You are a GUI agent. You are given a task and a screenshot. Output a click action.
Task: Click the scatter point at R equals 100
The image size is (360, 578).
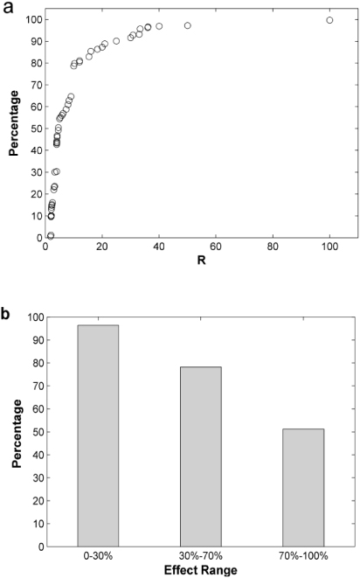click(x=329, y=20)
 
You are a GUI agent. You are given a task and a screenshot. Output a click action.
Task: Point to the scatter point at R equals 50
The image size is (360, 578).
click(x=188, y=26)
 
